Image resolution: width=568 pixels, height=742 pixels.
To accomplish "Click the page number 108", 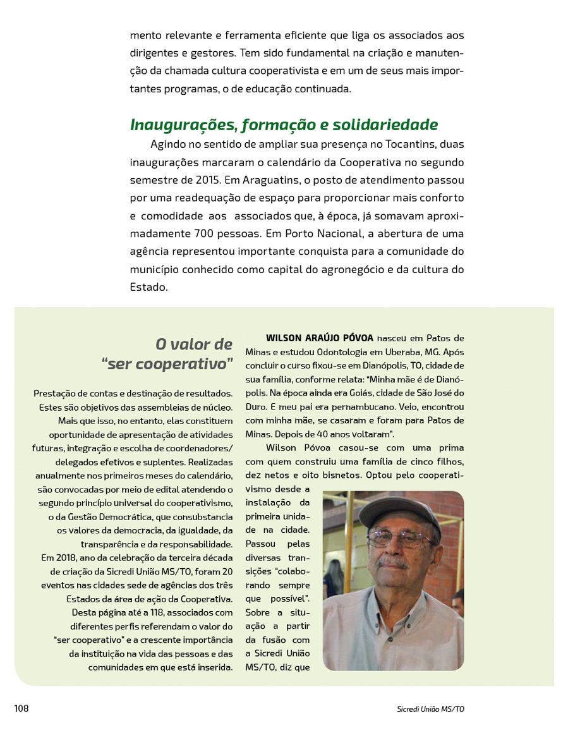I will pyautogui.click(x=21, y=709).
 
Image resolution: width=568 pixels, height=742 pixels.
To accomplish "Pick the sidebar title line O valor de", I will pyautogui.click(x=194, y=344).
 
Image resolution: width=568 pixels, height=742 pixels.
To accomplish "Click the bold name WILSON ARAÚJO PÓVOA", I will pyautogui.click(x=320, y=338).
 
